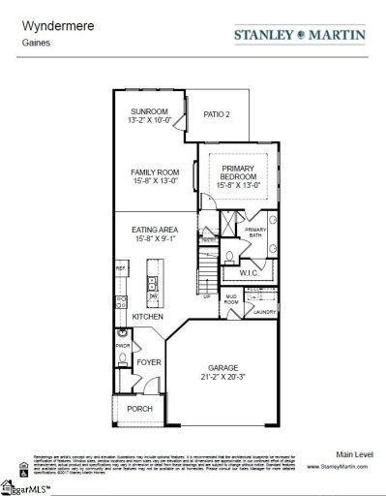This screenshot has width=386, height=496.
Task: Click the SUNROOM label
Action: tap(150, 112)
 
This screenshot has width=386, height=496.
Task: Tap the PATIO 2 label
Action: tap(217, 114)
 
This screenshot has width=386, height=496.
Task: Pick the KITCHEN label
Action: tap(148, 317)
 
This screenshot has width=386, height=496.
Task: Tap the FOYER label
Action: tap(148, 363)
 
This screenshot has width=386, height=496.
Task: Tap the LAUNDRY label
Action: tap(264, 312)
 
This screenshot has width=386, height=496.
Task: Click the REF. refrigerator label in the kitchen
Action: tap(121, 266)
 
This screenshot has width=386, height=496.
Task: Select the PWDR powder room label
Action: tap(123, 344)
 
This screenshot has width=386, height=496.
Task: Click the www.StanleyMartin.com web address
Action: tap(340, 466)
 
